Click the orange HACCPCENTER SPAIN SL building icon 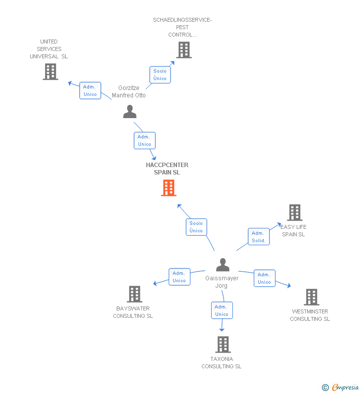click(x=169, y=188)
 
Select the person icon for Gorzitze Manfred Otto click(x=130, y=112)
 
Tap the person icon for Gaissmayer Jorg click(x=223, y=265)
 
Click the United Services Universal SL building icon click(x=50, y=72)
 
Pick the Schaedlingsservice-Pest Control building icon click(x=183, y=50)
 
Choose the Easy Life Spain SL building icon click(x=295, y=213)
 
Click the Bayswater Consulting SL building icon click(x=134, y=294)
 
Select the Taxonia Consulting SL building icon click(x=223, y=345)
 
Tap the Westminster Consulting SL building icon click(x=311, y=297)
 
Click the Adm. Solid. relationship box click(x=259, y=237)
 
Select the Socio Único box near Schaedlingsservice click(x=160, y=75)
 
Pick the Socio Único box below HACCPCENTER click(x=196, y=227)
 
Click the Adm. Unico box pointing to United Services click(x=90, y=90)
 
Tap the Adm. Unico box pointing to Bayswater click(x=179, y=277)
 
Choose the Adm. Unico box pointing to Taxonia click(x=222, y=310)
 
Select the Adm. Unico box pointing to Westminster click(x=264, y=278)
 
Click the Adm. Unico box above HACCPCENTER click(x=144, y=140)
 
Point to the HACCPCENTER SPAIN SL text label click(x=167, y=169)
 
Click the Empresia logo click(x=341, y=388)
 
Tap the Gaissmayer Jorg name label click(x=222, y=282)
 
